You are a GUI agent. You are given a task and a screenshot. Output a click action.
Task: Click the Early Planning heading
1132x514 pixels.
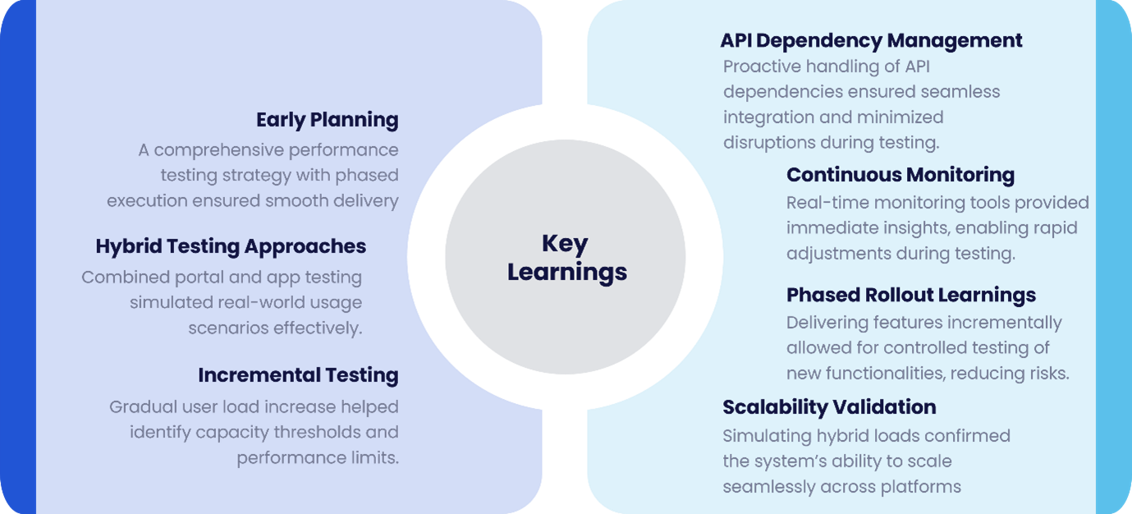[x=327, y=120]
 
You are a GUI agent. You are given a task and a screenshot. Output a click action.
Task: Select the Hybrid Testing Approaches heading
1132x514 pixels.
[x=231, y=246]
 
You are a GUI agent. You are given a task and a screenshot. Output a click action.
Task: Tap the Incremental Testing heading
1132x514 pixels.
[x=298, y=375]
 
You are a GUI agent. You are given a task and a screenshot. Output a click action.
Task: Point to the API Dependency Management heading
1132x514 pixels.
[x=871, y=41]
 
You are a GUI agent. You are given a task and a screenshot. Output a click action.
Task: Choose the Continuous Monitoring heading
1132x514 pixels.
[x=901, y=175]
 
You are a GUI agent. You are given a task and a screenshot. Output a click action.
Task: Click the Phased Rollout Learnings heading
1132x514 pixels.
[x=911, y=295]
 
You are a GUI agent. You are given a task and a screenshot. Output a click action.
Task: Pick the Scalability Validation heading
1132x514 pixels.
[x=829, y=407]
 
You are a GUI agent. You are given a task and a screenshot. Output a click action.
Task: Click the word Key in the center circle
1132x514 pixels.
[x=565, y=244]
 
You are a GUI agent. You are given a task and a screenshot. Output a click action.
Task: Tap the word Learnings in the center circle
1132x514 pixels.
[x=567, y=273]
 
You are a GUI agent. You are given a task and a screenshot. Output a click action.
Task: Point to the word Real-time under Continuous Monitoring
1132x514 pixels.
[x=827, y=203]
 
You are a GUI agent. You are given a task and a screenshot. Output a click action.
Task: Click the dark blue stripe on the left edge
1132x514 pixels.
[x=18, y=257]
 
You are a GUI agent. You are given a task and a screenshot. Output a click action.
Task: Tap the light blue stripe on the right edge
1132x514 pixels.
[x=1114, y=257]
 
